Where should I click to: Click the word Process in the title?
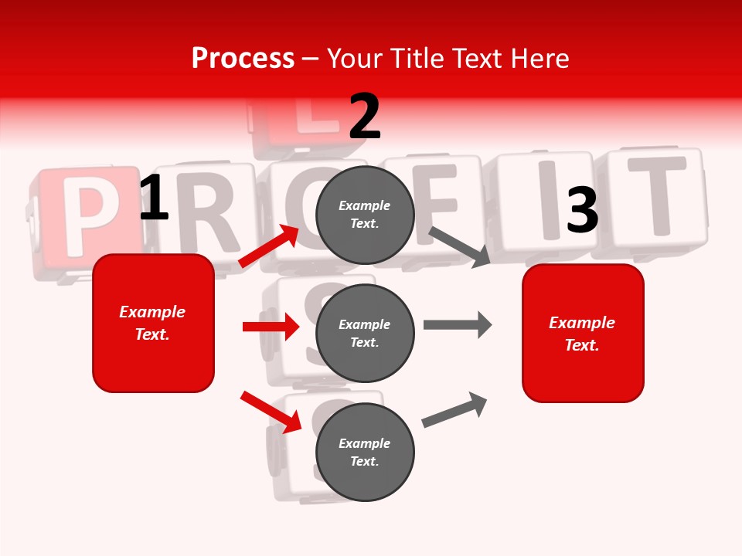pyautogui.click(x=243, y=58)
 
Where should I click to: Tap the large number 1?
pyautogui.click(x=154, y=198)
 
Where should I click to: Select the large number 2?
pyautogui.click(x=365, y=117)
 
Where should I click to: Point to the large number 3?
pyautogui.click(x=582, y=211)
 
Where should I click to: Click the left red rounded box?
pyautogui.click(x=153, y=323)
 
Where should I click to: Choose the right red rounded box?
pyautogui.click(x=583, y=334)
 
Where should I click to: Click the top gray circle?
pyautogui.click(x=365, y=214)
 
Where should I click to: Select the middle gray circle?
pyautogui.click(x=365, y=333)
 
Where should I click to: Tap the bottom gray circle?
pyautogui.click(x=365, y=452)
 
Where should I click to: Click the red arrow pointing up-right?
pyautogui.click(x=269, y=246)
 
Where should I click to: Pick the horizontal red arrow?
pyautogui.click(x=271, y=327)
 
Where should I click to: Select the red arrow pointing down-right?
pyautogui.click(x=271, y=412)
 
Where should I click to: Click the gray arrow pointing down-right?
pyautogui.click(x=460, y=246)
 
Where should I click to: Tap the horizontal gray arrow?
pyautogui.click(x=458, y=324)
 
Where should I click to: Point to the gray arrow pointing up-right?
pyautogui.click(x=454, y=409)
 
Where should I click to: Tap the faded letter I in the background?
pyautogui.click(x=547, y=202)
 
